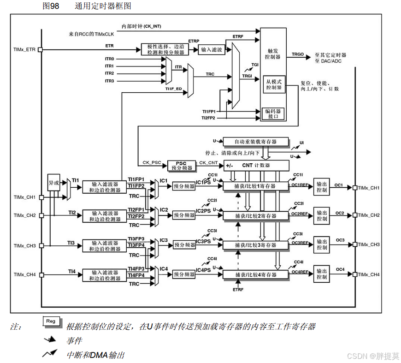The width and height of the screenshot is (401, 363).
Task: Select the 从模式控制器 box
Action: click(273, 84)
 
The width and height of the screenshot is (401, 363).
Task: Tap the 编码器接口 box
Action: click(273, 113)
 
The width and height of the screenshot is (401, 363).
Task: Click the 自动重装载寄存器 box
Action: click(255, 141)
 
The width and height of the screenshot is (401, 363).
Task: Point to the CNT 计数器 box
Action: click(256, 165)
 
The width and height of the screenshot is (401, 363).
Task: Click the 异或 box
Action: click(54, 183)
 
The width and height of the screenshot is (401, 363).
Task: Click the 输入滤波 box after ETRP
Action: click(212, 50)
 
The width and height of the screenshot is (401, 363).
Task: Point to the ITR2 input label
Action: click(109, 73)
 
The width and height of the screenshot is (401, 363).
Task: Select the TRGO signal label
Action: click(298, 54)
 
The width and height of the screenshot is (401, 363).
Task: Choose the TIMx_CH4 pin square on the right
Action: click(354, 274)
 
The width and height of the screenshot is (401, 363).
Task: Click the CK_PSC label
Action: click(151, 162)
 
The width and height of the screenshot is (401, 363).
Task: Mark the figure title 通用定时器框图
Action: click(103, 6)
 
